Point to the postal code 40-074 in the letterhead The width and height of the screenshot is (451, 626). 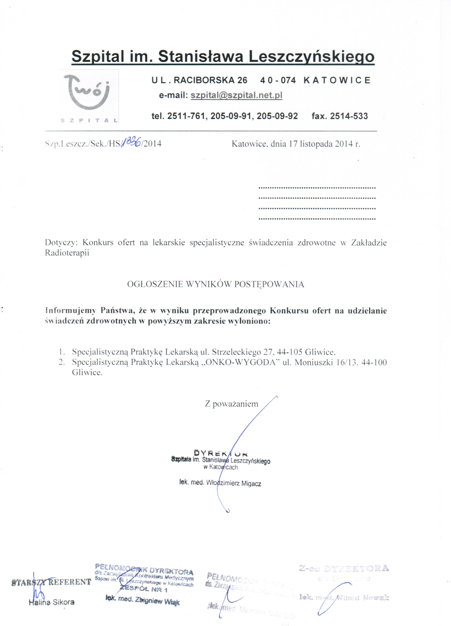click(278, 80)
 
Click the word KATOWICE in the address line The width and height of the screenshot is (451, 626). click(337, 80)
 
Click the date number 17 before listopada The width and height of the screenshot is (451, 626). click(293, 144)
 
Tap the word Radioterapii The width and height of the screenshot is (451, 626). click(67, 253)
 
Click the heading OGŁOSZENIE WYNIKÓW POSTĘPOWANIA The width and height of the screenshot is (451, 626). click(215, 284)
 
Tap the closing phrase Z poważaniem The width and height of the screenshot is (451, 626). click(232, 404)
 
